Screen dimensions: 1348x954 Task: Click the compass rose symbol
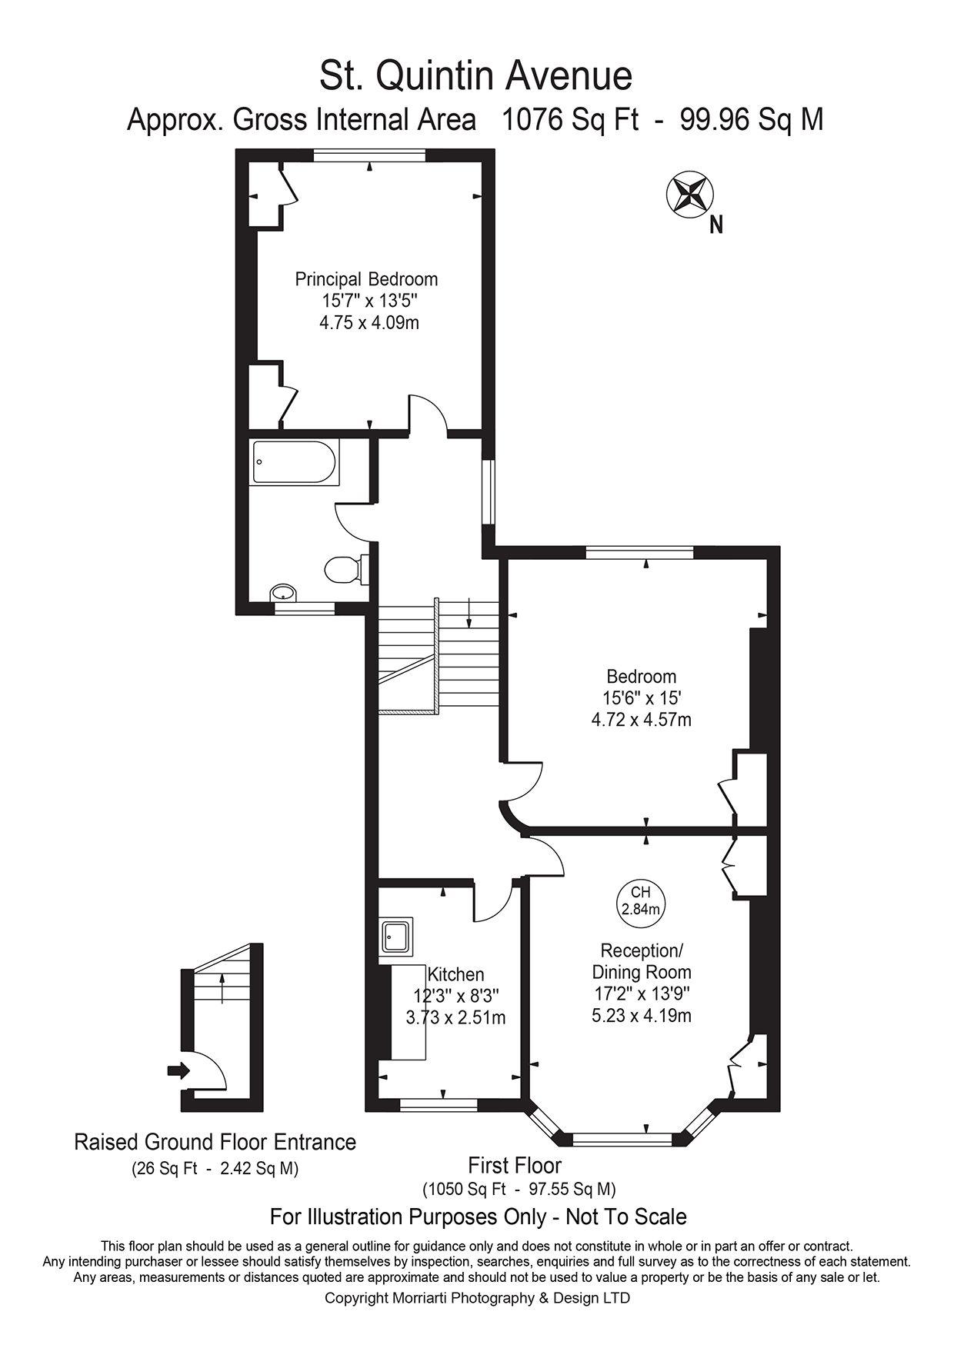689,194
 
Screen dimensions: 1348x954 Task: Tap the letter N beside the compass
715,225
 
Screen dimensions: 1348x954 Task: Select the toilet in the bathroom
345,570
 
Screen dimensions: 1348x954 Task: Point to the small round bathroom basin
283,593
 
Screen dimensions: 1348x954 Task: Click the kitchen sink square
396,937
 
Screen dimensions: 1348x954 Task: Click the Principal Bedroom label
366,279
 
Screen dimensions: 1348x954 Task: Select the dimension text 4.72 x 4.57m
641,721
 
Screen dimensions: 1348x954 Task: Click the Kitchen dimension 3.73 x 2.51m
455,1017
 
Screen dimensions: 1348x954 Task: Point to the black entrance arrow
178,1070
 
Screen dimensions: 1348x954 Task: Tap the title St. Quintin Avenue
475,75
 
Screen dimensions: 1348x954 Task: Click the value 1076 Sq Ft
569,120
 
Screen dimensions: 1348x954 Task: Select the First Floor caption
515,1165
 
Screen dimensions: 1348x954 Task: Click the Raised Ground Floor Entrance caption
215,1142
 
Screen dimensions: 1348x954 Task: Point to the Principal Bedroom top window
369,155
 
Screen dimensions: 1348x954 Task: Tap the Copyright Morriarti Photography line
477,1298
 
